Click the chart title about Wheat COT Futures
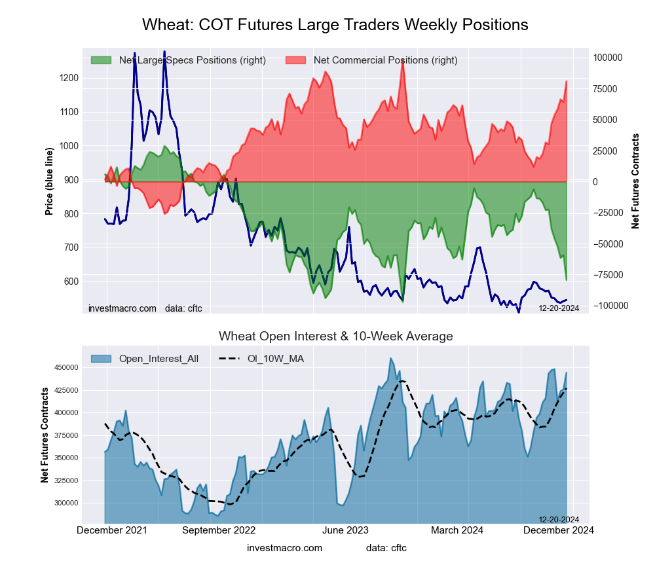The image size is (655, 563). (x=335, y=25)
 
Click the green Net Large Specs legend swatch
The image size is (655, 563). (x=101, y=60)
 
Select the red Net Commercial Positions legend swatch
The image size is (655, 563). (x=295, y=60)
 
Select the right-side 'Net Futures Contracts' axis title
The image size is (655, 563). (x=635, y=181)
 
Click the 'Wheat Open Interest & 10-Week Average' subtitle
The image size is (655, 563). (x=335, y=336)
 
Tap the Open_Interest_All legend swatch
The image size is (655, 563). (x=101, y=358)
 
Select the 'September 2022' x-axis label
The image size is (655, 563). (x=218, y=530)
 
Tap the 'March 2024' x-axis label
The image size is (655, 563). (x=467, y=530)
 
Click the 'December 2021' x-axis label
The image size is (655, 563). (x=112, y=530)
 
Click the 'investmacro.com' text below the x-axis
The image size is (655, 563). (x=284, y=548)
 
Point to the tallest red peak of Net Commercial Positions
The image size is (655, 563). (x=402, y=61)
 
